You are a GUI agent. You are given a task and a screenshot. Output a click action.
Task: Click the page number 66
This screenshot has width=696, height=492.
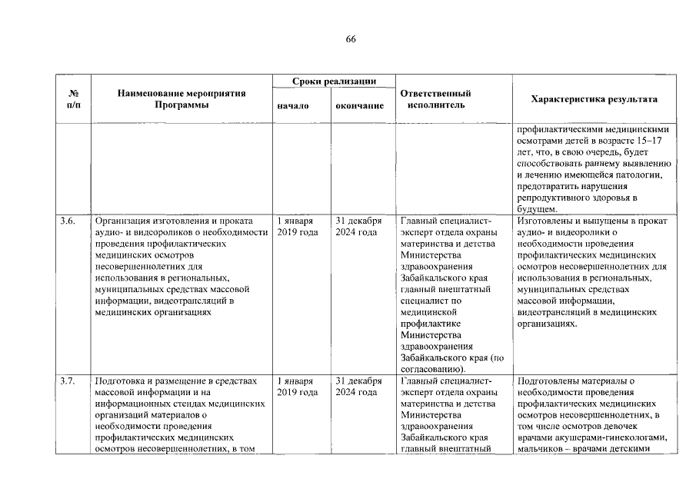(351, 39)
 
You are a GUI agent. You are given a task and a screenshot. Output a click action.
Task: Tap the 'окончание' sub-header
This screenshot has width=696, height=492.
(359, 105)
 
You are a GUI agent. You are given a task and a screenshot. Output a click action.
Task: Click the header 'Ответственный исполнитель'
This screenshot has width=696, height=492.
(436, 99)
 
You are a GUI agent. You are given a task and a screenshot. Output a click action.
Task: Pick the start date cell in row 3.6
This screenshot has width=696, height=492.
(297, 227)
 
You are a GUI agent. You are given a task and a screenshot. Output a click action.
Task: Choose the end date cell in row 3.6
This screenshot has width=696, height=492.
(359, 227)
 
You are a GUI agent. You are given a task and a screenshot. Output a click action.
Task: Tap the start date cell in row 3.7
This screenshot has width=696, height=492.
(297, 386)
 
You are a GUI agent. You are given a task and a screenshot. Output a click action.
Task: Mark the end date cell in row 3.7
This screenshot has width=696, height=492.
(359, 386)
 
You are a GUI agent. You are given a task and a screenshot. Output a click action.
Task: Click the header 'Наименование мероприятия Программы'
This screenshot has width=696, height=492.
(181, 99)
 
